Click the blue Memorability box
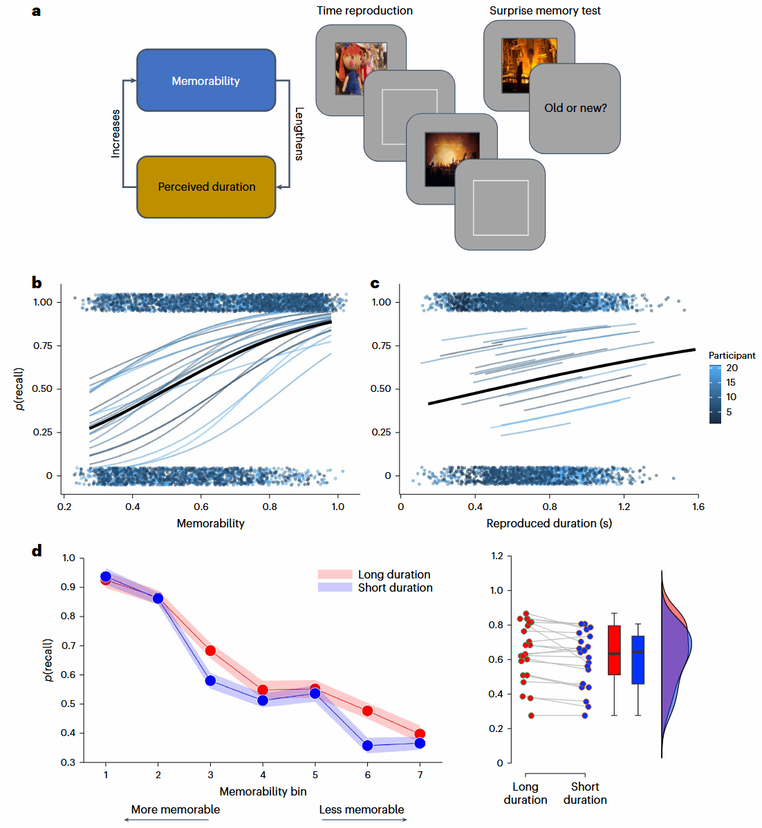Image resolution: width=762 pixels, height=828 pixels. pos(206,80)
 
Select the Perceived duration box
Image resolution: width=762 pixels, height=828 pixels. pos(206,187)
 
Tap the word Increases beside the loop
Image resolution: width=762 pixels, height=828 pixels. pos(115,133)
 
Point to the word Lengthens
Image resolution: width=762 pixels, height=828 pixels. pos(299,133)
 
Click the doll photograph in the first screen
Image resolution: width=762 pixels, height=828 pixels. pos(360,68)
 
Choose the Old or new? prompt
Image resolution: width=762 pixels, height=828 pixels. pos(575,108)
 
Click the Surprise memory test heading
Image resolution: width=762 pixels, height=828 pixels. pos(545,10)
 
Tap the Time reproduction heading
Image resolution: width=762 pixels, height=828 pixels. pos(364,10)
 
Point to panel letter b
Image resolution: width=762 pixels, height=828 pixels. pos(37,283)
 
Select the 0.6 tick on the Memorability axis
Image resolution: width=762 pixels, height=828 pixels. pos(201,507)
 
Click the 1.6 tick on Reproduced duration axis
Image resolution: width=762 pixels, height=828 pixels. pos(698,507)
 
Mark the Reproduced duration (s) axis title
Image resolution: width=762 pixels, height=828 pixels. pos(549,523)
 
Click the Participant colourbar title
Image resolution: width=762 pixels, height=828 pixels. pos(732,355)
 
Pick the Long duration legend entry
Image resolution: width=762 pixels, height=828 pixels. pos(393,574)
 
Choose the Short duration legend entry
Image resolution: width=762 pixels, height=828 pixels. pos(395,587)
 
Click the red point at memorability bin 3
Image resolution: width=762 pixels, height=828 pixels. pos(210,650)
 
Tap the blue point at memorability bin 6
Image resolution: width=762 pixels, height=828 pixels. pos(368,746)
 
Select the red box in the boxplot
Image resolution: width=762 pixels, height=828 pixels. pos(614,650)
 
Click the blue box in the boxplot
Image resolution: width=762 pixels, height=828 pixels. pos(638,660)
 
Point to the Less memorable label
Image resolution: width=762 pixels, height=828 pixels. pos(362,809)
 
